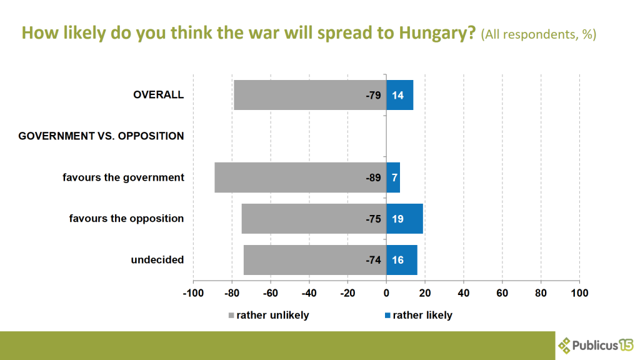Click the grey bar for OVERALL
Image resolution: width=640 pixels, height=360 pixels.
[x=309, y=95]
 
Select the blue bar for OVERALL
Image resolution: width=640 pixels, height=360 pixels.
[x=400, y=95]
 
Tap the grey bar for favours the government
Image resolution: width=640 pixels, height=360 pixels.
[x=300, y=177]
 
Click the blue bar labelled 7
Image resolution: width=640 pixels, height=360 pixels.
[x=393, y=177]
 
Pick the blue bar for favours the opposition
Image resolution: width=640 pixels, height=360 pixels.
[x=405, y=219]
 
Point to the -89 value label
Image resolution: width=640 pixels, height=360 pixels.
[x=373, y=177]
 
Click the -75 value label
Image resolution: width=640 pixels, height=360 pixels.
[x=373, y=219]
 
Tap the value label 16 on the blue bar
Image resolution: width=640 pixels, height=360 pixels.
[x=397, y=260]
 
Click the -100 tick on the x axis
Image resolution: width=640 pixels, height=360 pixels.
[x=192, y=292]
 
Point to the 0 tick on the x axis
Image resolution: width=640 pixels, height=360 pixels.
[x=386, y=292]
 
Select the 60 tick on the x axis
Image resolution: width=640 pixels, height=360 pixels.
[x=502, y=292]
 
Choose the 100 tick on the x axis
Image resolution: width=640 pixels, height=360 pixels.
[x=579, y=292]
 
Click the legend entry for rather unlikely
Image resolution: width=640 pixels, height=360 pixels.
[x=272, y=315]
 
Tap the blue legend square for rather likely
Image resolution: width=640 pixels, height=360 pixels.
[x=388, y=315]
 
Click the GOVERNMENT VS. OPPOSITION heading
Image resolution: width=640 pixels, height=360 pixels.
[x=101, y=136]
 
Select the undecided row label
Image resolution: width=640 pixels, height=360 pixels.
[x=157, y=259]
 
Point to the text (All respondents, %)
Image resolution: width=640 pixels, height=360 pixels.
[x=538, y=34]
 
